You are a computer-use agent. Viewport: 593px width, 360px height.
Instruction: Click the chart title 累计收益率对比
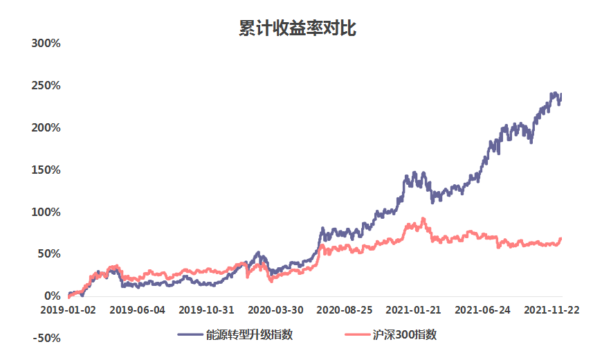tap(296, 28)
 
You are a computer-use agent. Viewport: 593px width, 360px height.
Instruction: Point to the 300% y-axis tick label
tap(47, 44)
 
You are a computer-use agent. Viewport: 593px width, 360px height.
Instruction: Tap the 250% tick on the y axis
tap(47, 86)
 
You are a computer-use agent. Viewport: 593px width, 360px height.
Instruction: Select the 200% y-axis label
tap(47, 128)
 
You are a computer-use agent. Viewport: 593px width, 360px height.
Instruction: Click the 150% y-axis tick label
tap(47, 170)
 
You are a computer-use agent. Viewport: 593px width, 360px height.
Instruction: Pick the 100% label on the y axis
tap(47, 212)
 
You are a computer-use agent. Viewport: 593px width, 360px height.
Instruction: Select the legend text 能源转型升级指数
tap(249, 335)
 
